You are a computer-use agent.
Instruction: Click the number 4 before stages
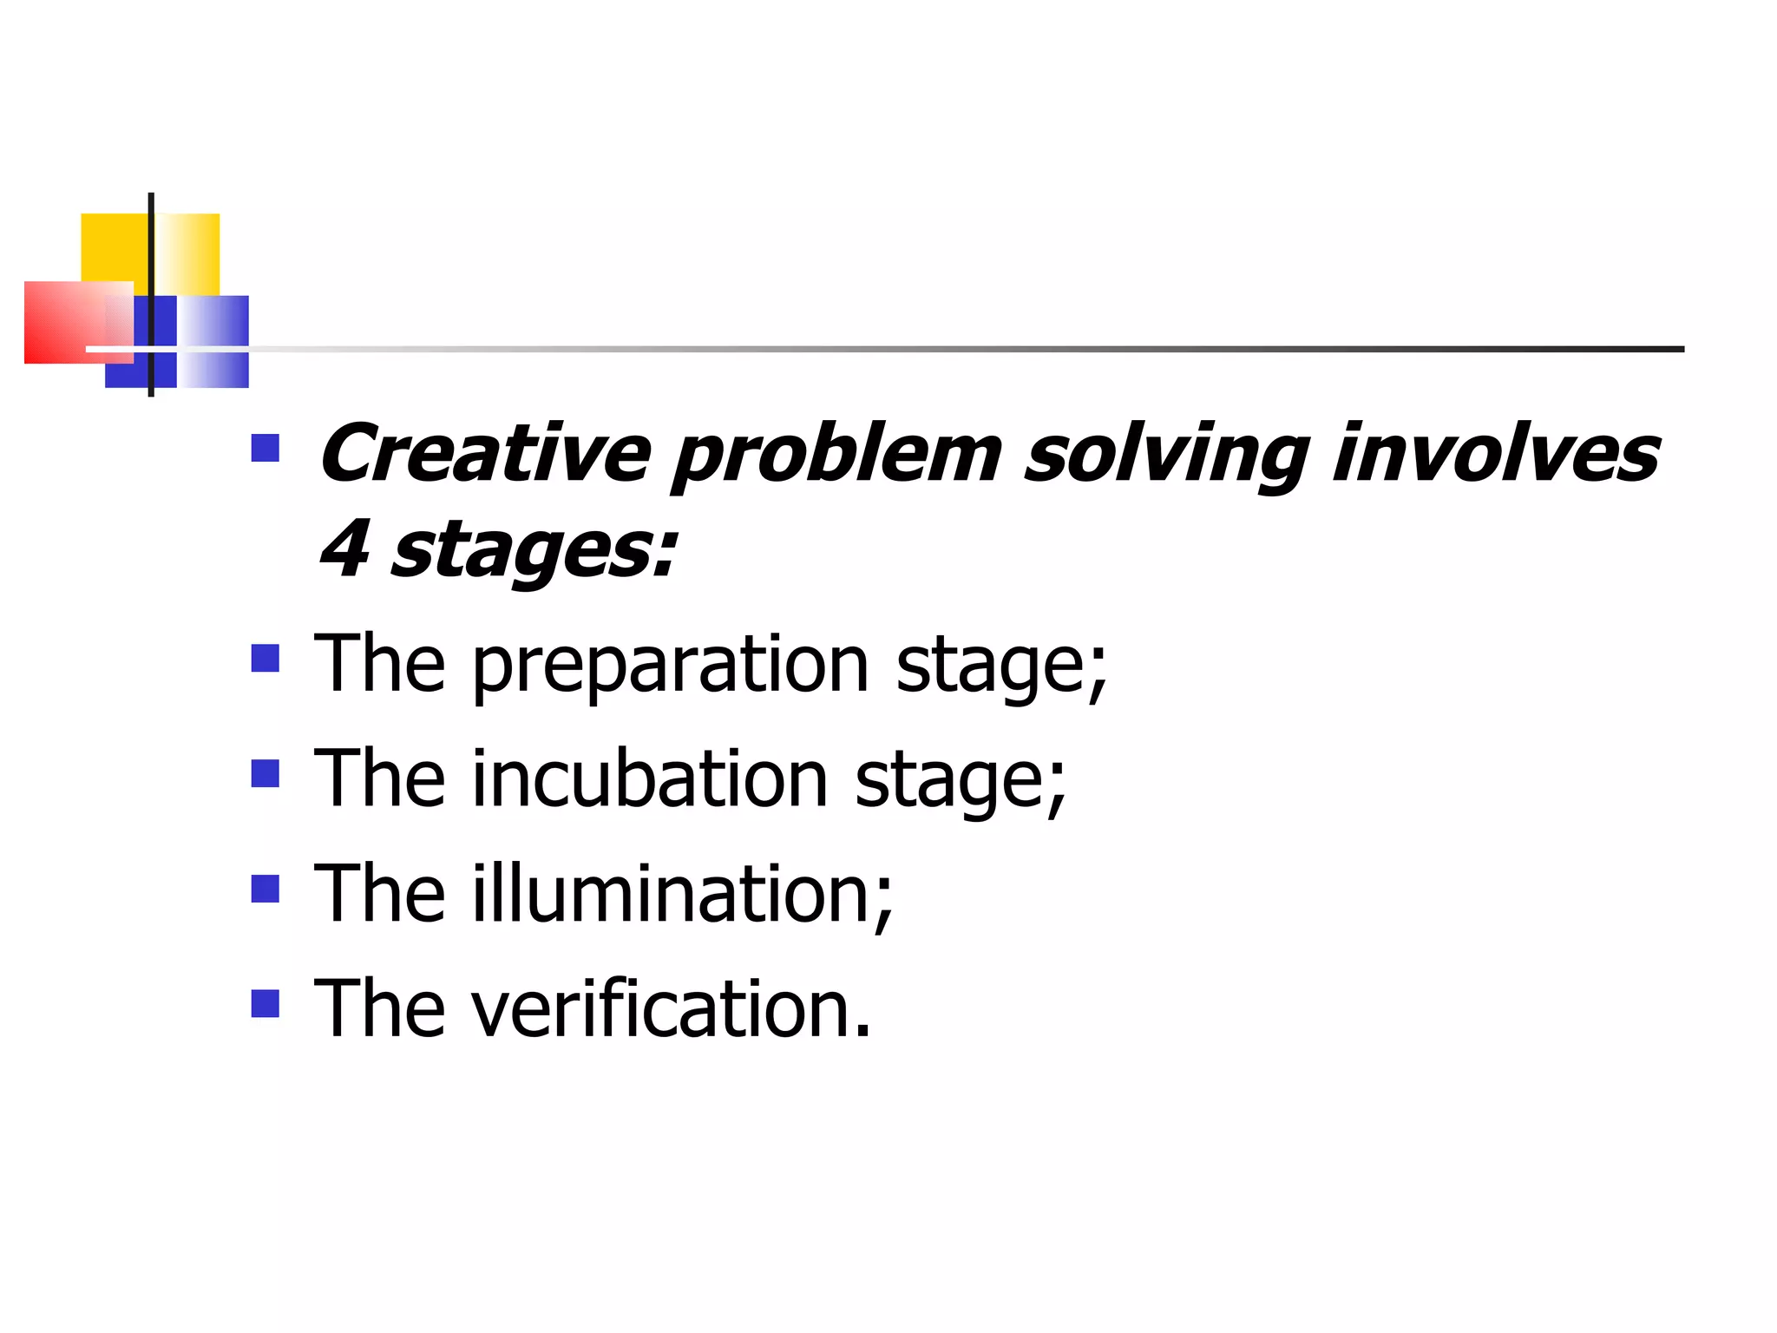344,548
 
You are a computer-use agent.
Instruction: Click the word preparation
670,666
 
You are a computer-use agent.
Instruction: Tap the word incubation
650,778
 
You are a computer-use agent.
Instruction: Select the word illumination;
682,894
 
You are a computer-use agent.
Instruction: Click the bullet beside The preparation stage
265,659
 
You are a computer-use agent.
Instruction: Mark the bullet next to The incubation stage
265,773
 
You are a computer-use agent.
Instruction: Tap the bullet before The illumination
265,889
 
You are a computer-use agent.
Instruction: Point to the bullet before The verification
265,1003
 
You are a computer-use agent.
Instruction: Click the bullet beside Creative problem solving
265,448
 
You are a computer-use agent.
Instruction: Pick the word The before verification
380,1008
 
